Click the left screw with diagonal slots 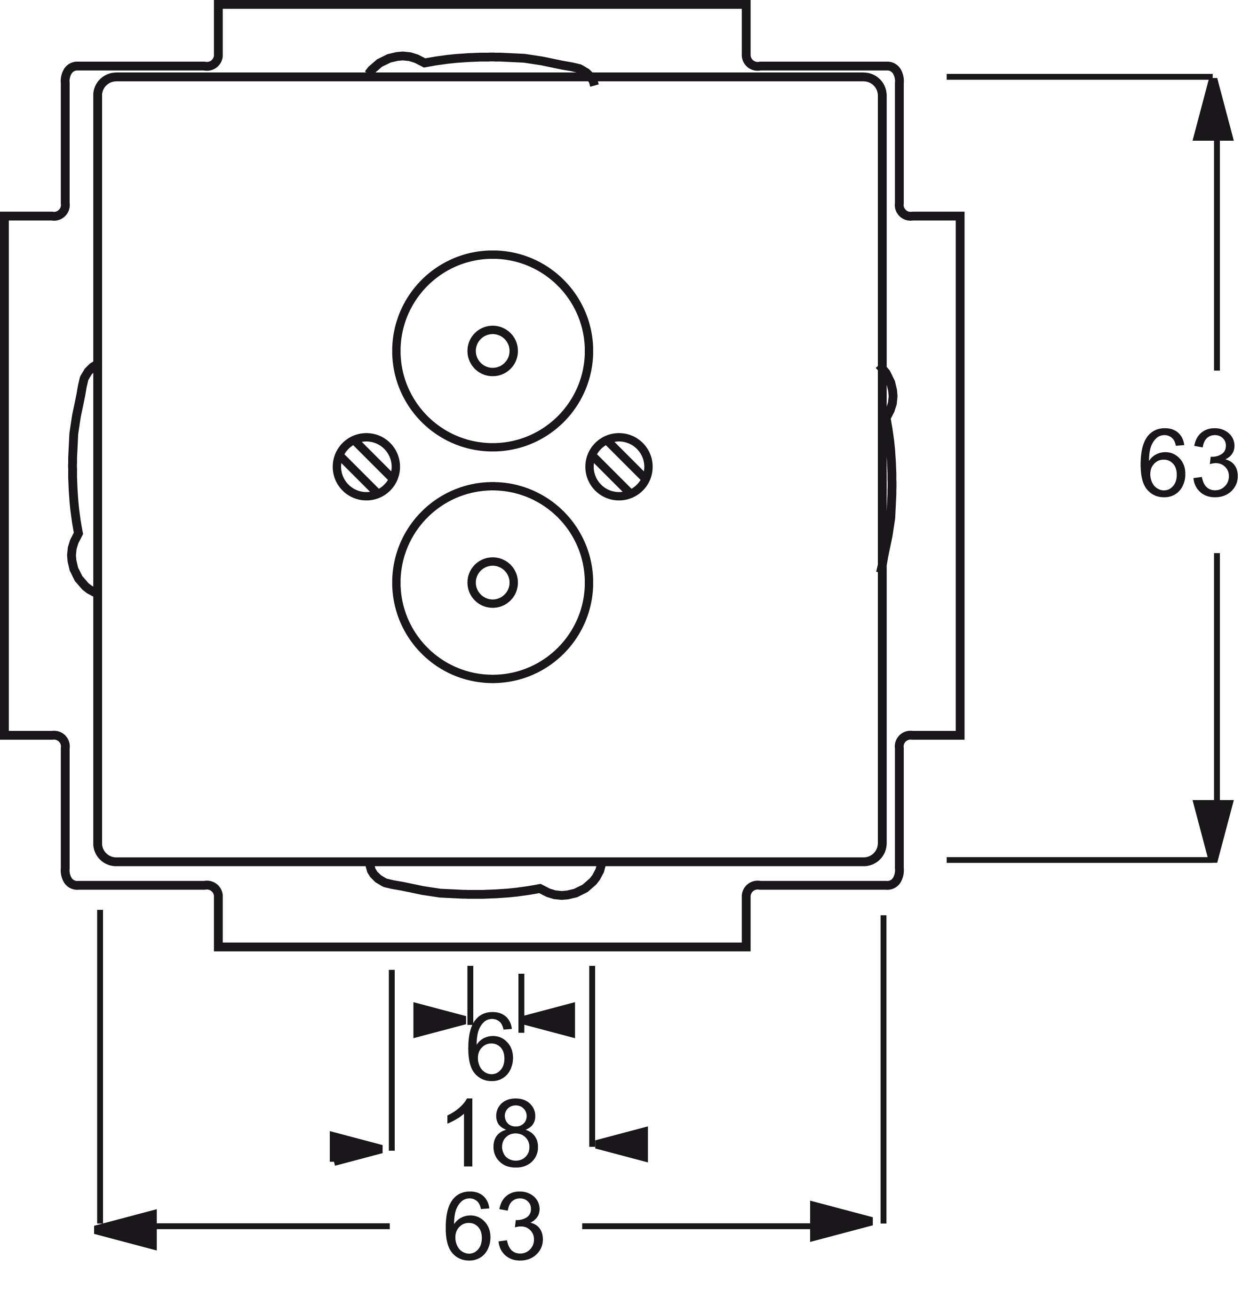366,467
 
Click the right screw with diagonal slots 619,467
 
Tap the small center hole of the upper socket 493,351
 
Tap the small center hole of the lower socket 493,583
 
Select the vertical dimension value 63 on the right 1187,464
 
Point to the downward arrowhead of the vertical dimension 1213,831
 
